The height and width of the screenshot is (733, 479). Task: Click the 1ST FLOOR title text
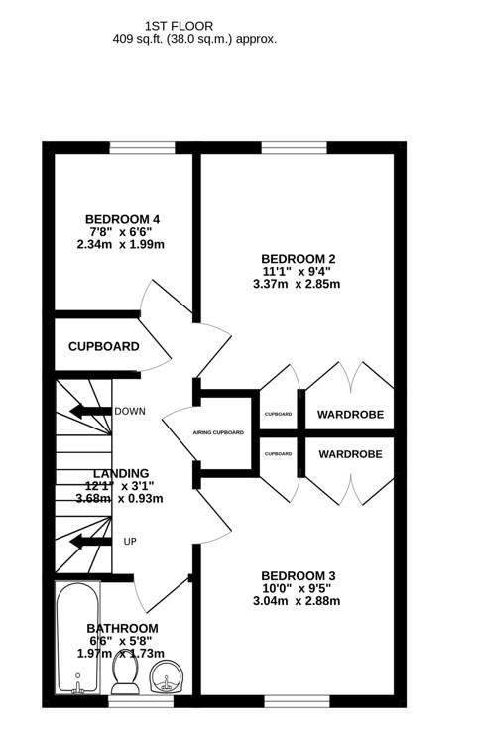179,26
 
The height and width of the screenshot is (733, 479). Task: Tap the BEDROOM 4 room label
122,219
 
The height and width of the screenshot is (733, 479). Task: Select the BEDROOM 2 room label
299,259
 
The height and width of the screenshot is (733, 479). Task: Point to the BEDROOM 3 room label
299,576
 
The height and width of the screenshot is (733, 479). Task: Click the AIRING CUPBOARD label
218,432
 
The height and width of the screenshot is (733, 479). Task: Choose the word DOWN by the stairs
130,411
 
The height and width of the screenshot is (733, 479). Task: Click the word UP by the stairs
130,542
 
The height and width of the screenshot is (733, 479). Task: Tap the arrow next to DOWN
90,412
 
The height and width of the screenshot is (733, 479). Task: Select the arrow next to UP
90,542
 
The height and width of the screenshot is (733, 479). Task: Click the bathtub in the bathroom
78,638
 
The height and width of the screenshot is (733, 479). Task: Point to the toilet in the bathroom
124,673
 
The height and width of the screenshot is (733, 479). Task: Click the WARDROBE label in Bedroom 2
350,415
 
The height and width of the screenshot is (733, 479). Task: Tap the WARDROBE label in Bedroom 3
350,454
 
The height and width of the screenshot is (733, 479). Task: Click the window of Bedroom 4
142,147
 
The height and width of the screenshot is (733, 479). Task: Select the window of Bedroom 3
298,701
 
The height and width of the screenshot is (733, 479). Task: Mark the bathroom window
141,701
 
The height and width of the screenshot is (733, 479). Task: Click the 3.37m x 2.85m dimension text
297,284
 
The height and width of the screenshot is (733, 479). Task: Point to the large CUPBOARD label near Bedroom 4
104,346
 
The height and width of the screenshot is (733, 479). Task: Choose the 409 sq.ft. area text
194,39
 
